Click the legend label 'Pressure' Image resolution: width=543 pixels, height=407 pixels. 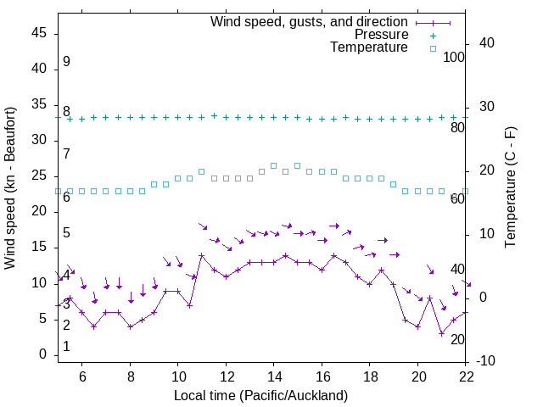[x=382, y=35]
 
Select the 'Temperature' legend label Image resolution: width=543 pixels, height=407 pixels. [x=369, y=47]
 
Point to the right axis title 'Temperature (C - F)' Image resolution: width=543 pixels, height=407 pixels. [x=510, y=188]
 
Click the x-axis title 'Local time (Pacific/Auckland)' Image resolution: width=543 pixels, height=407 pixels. [x=260, y=395]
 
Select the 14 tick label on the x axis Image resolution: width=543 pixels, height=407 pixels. [x=273, y=376]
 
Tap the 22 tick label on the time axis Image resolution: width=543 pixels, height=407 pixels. [x=465, y=376]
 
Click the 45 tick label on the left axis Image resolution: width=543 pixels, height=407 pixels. [x=39, y=33]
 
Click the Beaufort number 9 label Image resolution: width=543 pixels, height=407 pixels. [x=66, y=62]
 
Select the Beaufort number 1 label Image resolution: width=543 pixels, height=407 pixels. [x=66, y=347]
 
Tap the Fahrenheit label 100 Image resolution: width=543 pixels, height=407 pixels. [x=455, y=57]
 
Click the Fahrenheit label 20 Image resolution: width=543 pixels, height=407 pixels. [x=457, y=339]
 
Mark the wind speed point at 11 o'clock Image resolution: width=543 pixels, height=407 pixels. [x=202, y=255]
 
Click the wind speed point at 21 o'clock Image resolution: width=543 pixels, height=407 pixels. [x=441, y=333]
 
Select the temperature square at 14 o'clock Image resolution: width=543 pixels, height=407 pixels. [x=273, y=165]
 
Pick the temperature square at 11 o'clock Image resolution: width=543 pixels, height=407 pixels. [x=202, y=171]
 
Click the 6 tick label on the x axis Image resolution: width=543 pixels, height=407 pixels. [x=82, y=376]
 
